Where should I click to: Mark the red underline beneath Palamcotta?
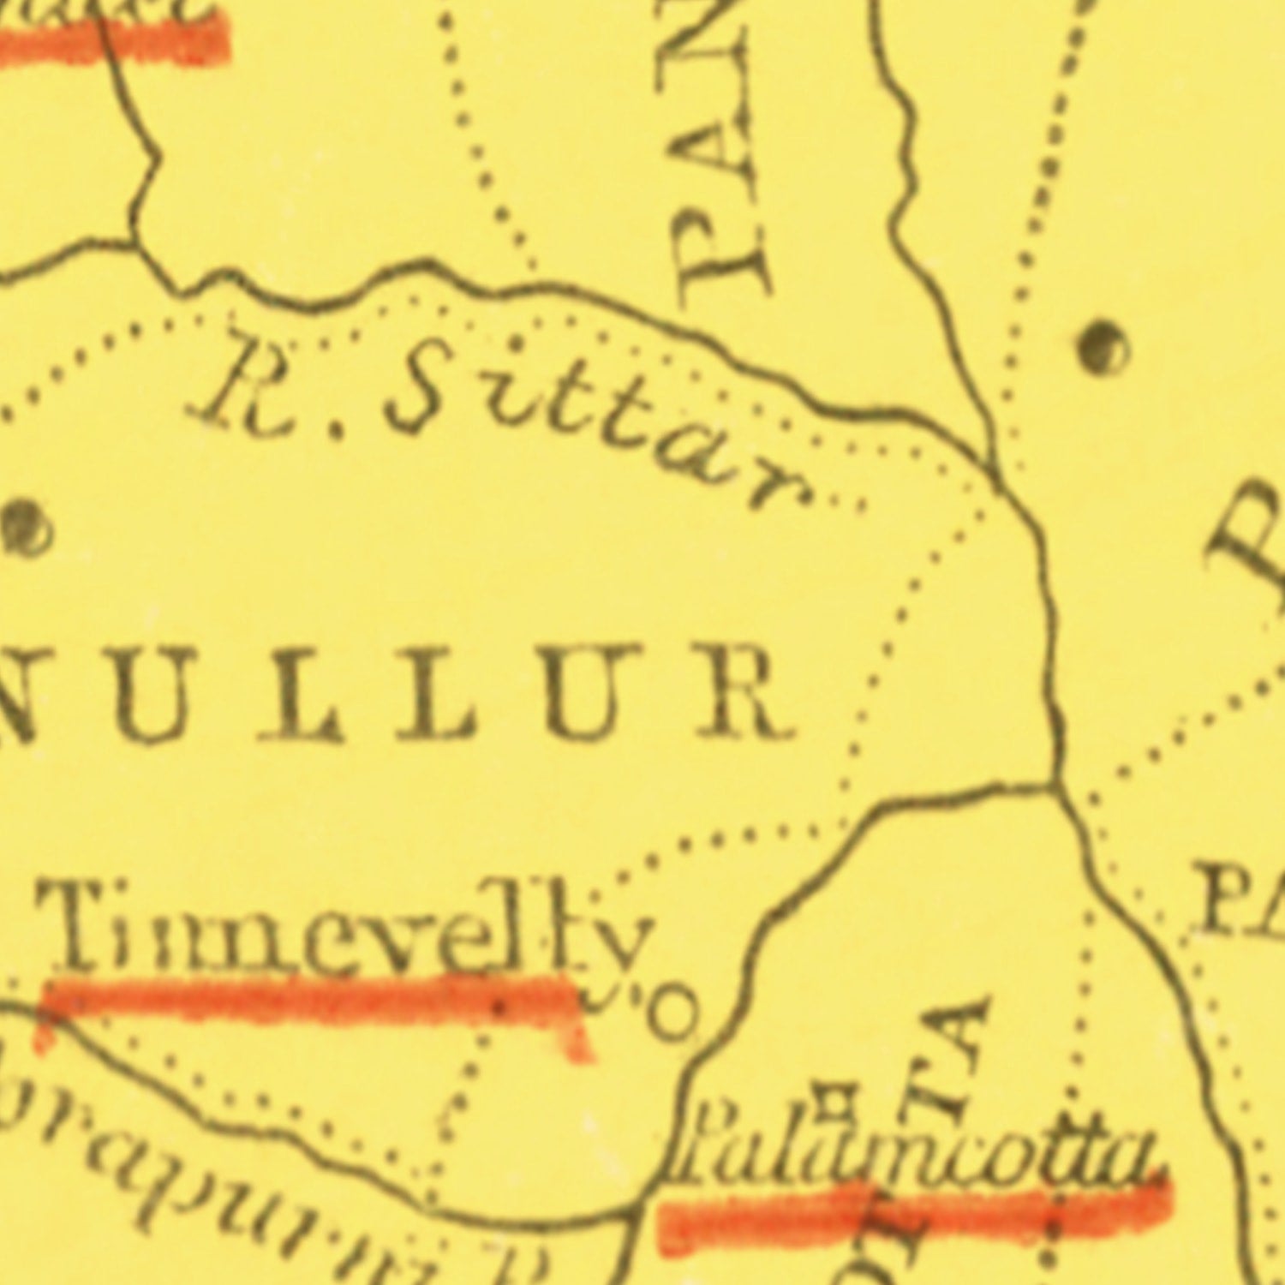pyautogui.click(x=912, y=1212)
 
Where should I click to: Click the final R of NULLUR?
pyautogui.click(x=745, y=694)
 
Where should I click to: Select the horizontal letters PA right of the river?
pyautogui.click(x=1242, y=899)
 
